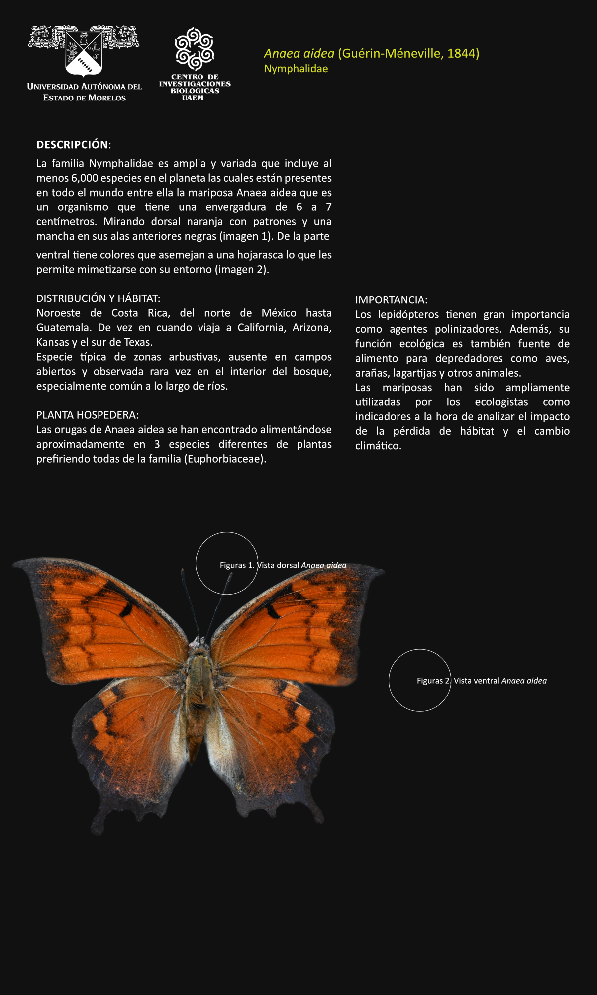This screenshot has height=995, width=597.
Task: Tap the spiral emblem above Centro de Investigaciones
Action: pos(195,49)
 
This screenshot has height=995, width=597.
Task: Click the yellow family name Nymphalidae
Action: pos(296,69)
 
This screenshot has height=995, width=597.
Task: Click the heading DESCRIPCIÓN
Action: pos(73,145)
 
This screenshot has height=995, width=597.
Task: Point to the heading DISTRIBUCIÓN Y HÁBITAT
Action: pos(98,298)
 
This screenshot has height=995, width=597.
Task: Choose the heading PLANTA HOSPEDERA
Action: pos(87,415)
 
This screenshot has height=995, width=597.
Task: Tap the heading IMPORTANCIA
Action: pos(391,300)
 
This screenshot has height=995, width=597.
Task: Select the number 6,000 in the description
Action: pos(85,178)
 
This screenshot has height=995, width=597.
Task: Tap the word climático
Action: pos(378,446)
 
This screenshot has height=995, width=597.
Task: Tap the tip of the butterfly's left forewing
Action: pos(18,564)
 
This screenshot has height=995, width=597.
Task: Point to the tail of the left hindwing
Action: pos(97,828)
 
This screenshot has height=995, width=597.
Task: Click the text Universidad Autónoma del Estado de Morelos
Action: pos(85,92)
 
